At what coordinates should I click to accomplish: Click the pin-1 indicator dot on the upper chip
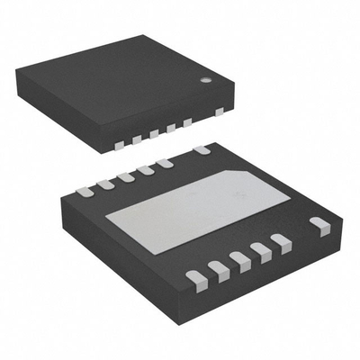click(x=205, y=79)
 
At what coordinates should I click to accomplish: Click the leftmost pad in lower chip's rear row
click(x=85, y=191)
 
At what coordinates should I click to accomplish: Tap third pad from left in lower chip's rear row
click(x=126, y=176)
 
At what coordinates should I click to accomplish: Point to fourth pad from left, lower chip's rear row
click(x=145, y=170)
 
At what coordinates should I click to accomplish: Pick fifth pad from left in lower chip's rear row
click(x=164, y=163)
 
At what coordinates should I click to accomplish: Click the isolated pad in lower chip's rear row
click(x=202, y=149)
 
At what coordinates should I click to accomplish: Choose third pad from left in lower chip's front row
click(x=239, y=258)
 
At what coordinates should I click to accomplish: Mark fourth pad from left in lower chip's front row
click(x=261, y=249)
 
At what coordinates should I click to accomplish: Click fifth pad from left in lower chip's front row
click(x=281, y=240)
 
